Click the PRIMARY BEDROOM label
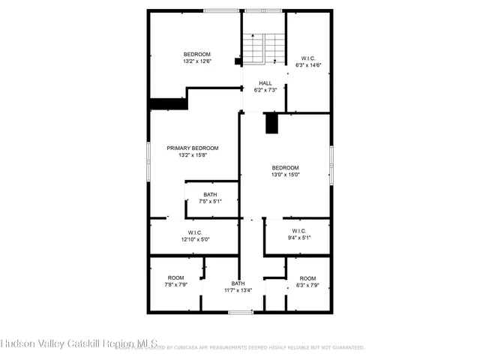tap(193, 148)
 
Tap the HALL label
tap(265, 82)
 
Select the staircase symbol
tap(264, 50)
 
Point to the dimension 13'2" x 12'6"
tap(197, 61)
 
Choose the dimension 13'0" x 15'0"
tap(285, 175)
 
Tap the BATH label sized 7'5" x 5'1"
tap(210, 194)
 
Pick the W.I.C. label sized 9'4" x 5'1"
tap(298, 230)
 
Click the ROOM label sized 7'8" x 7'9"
tap(175, 277)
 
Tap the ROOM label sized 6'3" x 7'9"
tap(307, 277)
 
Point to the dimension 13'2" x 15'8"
tap(193, 155)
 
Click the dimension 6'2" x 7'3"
tap(265, 90)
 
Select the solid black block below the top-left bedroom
tap(167, 104)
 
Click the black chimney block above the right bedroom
tap(272, 123)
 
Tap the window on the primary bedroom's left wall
tap(148, 161)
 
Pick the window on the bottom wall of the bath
tap(240, 311)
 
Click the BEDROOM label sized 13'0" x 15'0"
tap(285, 167)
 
